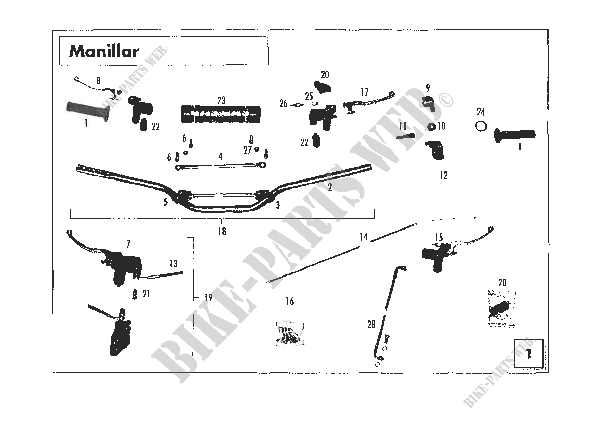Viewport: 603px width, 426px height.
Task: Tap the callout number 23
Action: (x=221, y=101)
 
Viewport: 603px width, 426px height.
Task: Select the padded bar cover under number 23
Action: (x=221, y=114)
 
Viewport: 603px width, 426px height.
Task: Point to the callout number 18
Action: (x=222, y=232)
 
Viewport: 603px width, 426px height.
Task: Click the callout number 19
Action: (x=208, y=298)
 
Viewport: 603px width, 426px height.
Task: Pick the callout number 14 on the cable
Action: (x=364, y=237)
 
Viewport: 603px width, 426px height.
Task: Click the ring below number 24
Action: (x=481, y=127)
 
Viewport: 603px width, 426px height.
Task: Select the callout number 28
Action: (x=371, y=325)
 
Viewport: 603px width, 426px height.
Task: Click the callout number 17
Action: (x=365, y=92)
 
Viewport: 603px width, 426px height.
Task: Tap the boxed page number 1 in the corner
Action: (x=529, y=353)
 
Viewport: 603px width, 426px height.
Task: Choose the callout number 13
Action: (x=173, y=264)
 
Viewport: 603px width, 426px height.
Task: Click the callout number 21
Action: (x=146, y=294)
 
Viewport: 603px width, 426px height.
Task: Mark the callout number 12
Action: (x=444, y=176)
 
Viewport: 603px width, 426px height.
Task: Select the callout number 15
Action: (x=439, y=238)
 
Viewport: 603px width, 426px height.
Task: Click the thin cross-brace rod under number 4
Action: (x=221, y=166)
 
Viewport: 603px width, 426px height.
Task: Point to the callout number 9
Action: (x=428, y=88)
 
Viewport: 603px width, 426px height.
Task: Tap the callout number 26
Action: (x=283, y=104)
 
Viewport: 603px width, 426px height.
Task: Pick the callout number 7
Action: (x=128, y=244)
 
